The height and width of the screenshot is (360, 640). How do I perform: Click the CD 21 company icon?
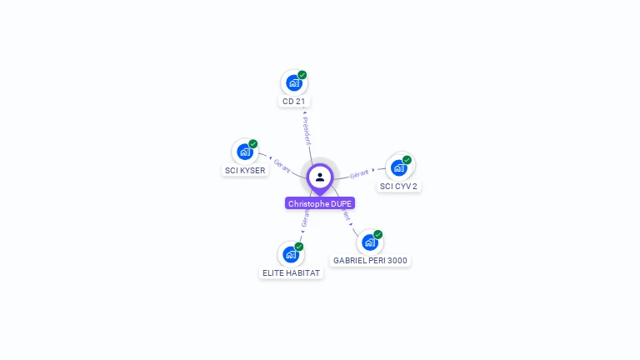coord(293,82)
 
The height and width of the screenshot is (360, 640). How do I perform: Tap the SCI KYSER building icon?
coord(244,152)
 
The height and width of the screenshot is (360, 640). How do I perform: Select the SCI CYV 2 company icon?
coord(398,167)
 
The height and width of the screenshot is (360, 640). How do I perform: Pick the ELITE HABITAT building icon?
coord(290,254)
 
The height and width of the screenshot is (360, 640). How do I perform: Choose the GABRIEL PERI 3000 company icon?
coord(369,242)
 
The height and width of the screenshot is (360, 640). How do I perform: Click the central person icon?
coord(320,177)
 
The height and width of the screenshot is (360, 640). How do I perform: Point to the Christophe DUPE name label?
coord(320,203)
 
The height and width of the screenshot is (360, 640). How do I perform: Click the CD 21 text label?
coord(293,102)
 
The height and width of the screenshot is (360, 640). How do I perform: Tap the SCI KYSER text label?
coord(245,171)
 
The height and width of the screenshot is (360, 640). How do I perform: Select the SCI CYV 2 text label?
coord(398,187)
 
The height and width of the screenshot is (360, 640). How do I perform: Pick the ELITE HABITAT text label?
coord(291,273)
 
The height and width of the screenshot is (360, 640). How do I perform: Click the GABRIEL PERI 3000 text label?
coord(370,261)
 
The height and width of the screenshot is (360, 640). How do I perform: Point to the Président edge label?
coord(307,130)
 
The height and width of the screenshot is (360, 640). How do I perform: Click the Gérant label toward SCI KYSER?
coord(282,166)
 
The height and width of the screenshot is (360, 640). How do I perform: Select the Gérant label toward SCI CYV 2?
coord(359,173)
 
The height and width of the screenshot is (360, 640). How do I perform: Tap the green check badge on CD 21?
coord(302,75)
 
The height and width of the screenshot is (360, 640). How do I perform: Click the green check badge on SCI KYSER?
coord(253,144)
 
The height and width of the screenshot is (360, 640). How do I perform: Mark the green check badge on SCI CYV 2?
coord(407,160)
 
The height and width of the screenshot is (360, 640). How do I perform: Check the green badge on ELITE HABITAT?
coord(299,247)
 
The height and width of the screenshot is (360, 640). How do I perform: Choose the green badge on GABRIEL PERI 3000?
coord(377,235)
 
